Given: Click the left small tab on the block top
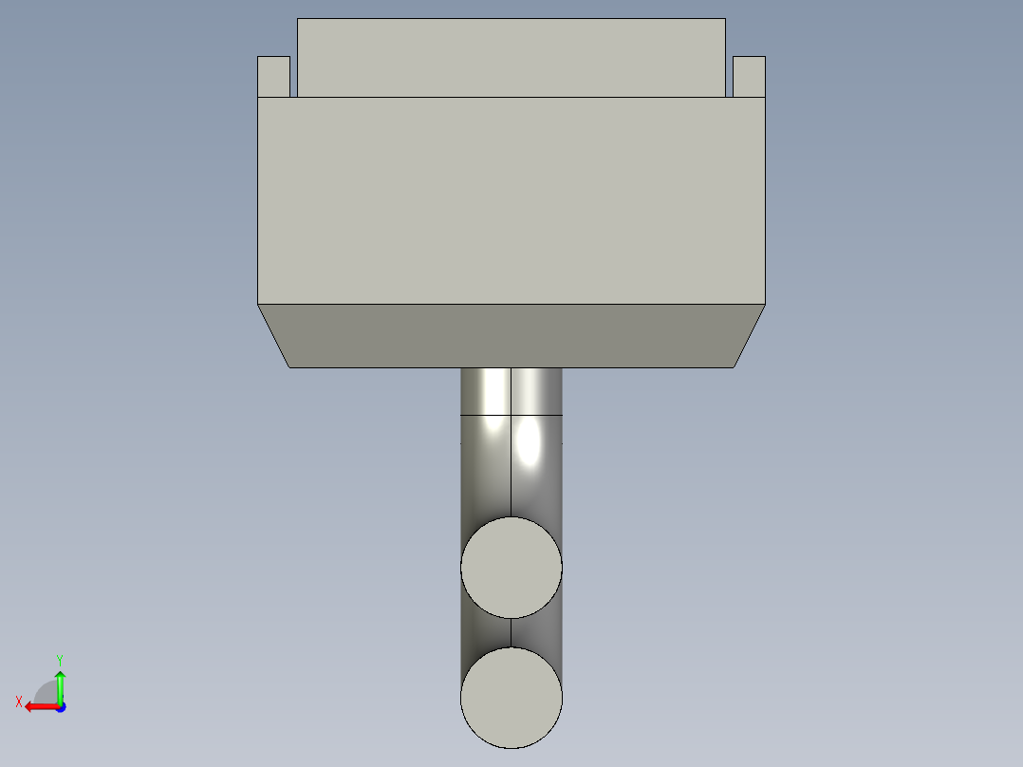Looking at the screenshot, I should point(273,76).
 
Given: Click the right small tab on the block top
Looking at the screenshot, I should point(749,76).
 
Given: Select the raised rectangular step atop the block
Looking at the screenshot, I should point(512,57).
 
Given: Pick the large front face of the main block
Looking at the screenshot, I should point(512,200).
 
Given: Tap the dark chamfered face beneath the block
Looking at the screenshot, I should point(512,335).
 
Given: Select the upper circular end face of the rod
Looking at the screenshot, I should point(512,568).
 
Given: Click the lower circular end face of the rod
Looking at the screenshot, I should point(512,698).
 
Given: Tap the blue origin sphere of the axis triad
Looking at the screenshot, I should point(60,706).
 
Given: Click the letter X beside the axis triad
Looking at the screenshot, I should point(19,702).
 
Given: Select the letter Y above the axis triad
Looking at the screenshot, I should point(60,659).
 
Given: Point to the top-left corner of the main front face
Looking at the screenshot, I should point(258,98).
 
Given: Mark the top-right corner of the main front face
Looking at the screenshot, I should point(765,98).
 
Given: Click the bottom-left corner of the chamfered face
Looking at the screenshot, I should point(289,366).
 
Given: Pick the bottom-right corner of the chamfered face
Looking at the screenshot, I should point(734,366).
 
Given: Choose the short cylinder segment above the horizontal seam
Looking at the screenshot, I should point(512,391).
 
